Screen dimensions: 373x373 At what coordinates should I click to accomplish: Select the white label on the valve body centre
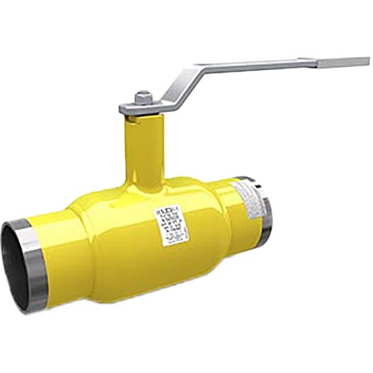(171, 225)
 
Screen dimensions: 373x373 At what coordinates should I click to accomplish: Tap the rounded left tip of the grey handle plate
(123, 109)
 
